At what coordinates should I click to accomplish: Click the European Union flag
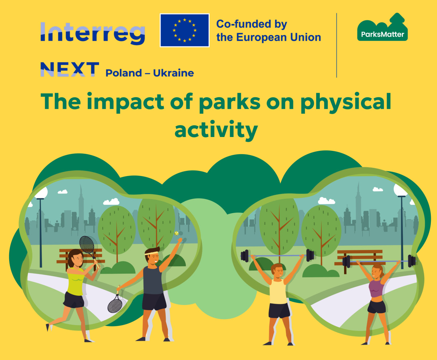184,31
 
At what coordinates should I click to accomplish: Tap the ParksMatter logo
382,27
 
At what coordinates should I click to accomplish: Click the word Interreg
92,33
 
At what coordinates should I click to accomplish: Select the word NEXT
70,69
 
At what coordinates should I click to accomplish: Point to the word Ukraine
173,73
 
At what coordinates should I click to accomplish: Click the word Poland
124,73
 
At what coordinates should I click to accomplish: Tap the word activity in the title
216,130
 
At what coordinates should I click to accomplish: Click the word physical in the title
346,102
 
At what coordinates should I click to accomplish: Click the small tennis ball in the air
176,233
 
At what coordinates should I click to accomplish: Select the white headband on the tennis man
151,253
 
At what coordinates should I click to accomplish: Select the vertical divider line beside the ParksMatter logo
337,45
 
